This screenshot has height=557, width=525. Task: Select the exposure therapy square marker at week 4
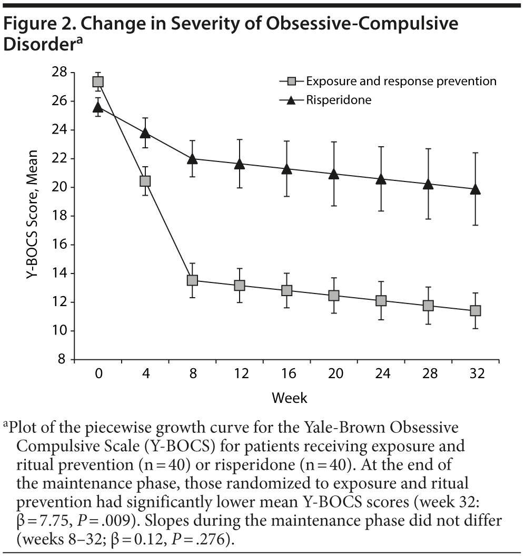(x=145, y=181)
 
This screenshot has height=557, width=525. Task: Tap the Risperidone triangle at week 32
(x=476, y=189)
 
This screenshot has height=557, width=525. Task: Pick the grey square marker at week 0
(x=98, y=82)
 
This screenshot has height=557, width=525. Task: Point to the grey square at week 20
(x=333, y=296)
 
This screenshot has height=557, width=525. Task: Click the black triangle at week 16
(x=286, y=169)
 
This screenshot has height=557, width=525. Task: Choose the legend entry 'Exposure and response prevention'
(x=401, y=82)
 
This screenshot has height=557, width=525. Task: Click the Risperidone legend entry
(x=339, y=100)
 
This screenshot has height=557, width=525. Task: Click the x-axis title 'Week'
(x=289, y=398)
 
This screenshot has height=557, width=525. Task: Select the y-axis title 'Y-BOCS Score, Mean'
(x=34, y=216)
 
